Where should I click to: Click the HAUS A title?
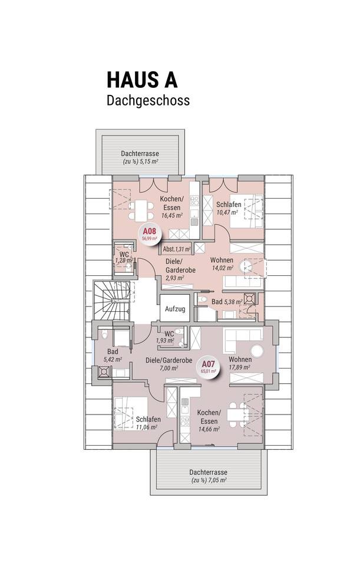[x=142, y=80]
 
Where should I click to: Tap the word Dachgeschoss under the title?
[x=148, y=100]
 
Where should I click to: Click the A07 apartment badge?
[x=209, y=366]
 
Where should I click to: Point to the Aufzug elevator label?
[x=175, y=309]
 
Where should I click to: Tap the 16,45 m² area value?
[x=171, y=216]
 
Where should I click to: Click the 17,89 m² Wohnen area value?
[x=240, y=367]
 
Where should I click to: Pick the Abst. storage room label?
[x=176, y=249]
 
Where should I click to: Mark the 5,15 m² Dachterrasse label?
[x=140, y=158]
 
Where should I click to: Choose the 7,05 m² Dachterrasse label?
[x=209, y=476]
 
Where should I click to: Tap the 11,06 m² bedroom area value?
[x=146, y=427]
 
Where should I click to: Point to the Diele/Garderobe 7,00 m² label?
[x=169, y=364]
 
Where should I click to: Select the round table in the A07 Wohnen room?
[x=257, y=351]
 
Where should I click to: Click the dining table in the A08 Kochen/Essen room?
[x=141, y=210]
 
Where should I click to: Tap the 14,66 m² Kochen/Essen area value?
[x=209, y=429]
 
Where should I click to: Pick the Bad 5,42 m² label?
[x=113, y=355]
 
